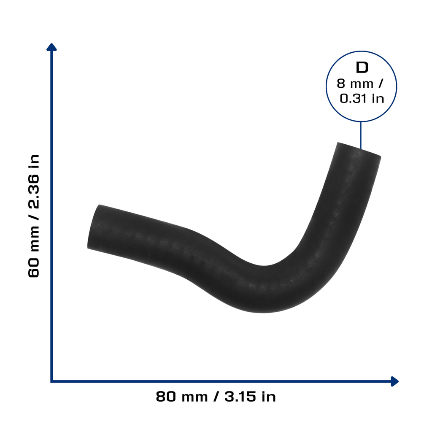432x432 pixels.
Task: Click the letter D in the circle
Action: (x=362, y=67)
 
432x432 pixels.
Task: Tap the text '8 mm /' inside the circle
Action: (x=360, y=84)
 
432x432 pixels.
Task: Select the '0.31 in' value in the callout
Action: (x=362, y=99)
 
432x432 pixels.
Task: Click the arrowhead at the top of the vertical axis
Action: (x=51, y=47)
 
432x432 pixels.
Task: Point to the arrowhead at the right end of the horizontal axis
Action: (x=395, y=381)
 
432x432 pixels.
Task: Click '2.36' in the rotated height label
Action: (x=34, y=192)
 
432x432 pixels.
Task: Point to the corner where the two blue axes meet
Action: (x=51, y=381)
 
